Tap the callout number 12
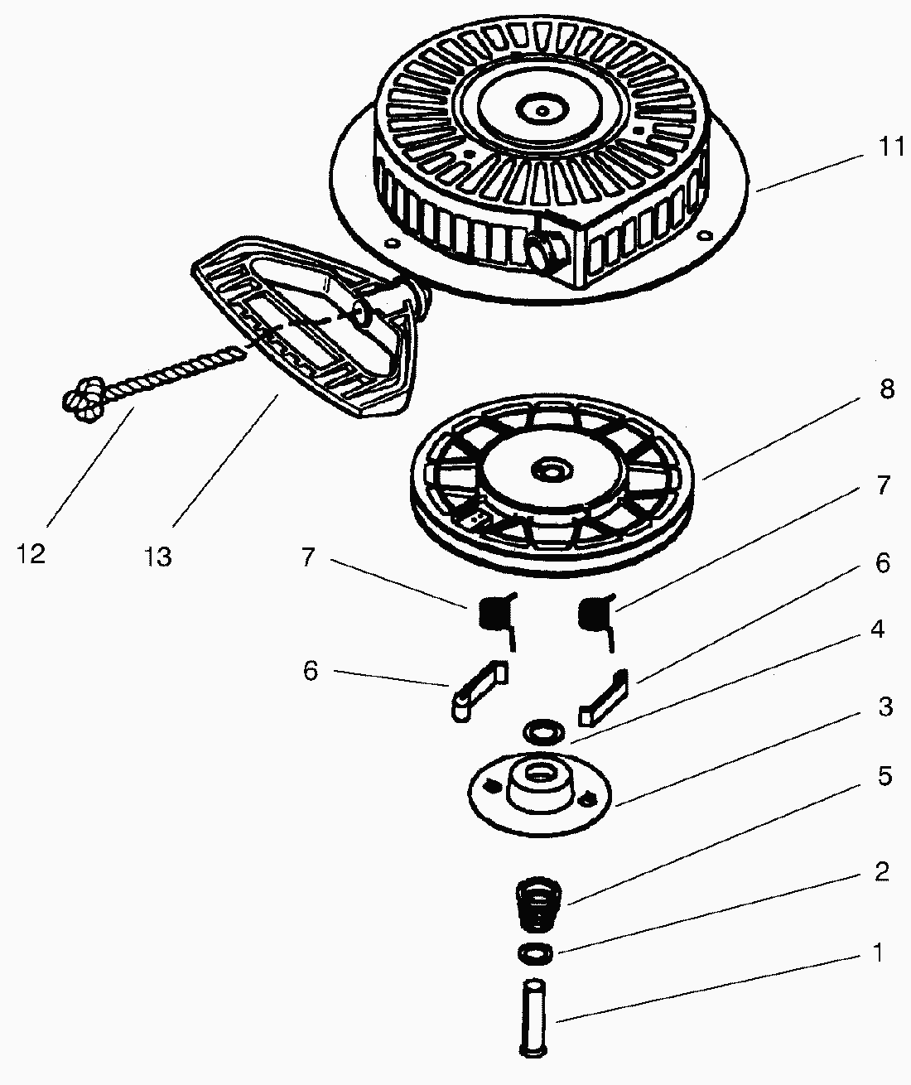[31, 552]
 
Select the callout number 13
[157, 557]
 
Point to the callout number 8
[886, 389]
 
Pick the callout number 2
[881, 871]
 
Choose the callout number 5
[884, 776]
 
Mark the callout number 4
[877, 629]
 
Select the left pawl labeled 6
[477, 688]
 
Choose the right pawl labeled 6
[606, 692]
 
